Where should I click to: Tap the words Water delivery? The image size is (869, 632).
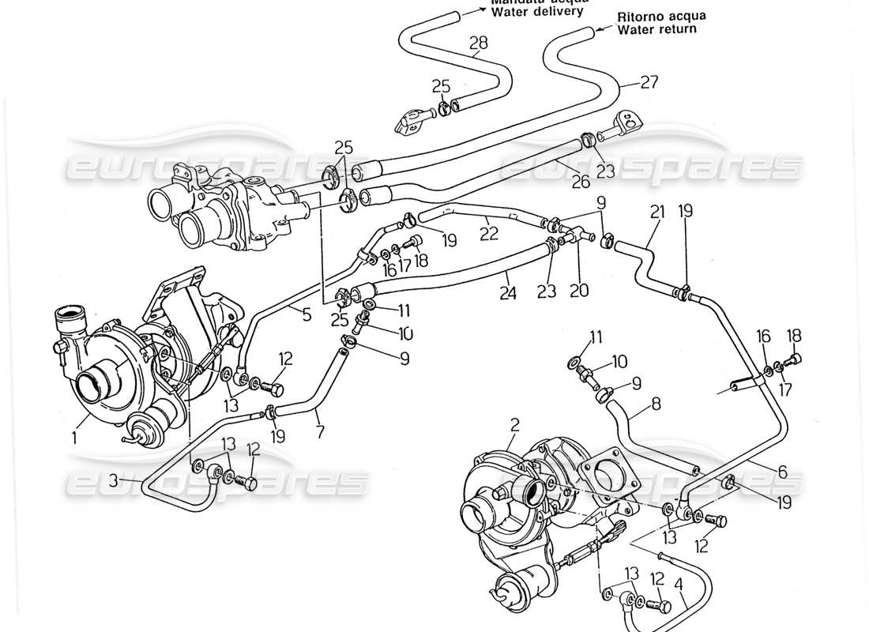537,12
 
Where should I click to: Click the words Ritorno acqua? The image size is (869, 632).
662,16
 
